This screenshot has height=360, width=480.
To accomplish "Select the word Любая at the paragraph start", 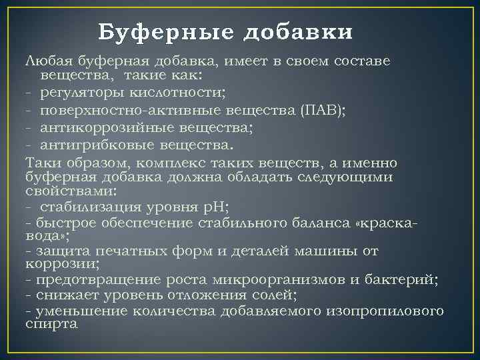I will point(47,61).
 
